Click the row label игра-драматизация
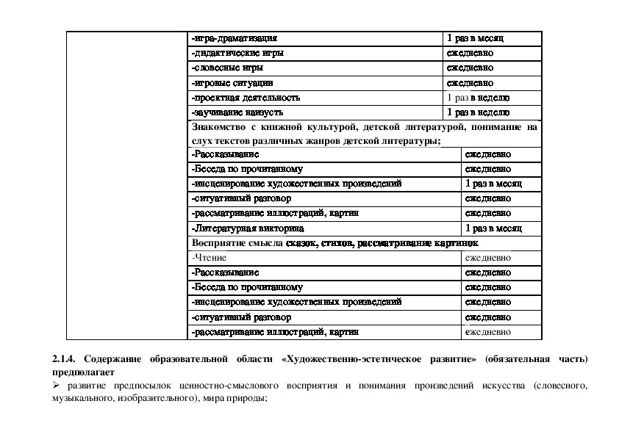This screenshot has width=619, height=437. pyautogui.click(x=235, y=38)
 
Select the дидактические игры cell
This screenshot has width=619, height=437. pyautogui.click(x=237, y=54)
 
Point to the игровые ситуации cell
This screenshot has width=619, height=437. pyautogui.click(x=232, y=83)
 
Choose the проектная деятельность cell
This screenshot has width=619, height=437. pyautogui.click(x=245, y=98)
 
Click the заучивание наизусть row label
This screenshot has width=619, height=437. pyautogui.click(x=237, y=112)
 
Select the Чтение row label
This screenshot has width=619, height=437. pyautogui.click(x=210, y=258)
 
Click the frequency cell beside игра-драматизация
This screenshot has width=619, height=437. pyautogui.click(x=475, y=38)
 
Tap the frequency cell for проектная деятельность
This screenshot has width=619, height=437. pyautogui.click(x=479, y=98)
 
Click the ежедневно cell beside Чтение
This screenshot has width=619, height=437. pyautogui.click(x=488, y=258)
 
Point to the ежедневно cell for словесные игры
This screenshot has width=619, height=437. pyautogui.click(x=470, y=68)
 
